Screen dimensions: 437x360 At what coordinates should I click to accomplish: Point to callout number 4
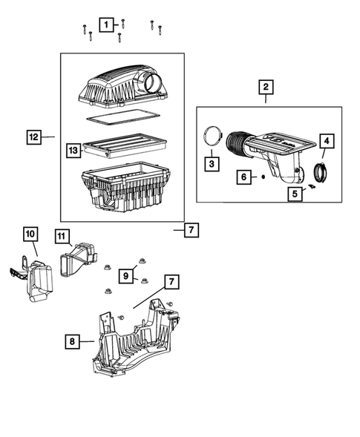[326, 141]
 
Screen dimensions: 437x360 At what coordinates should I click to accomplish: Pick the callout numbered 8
[72, 341]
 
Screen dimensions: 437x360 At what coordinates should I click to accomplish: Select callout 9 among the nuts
[126, 275]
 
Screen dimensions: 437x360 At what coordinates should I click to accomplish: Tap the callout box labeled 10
[30, 234]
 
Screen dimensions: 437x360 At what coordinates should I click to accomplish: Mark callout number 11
[63, 235]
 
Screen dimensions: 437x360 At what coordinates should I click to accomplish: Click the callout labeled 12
[33, 137]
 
